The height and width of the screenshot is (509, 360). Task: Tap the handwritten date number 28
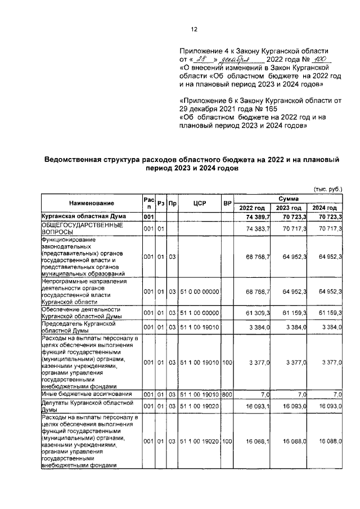pyautogui.click(x=204, y=59)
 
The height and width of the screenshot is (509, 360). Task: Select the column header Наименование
pyautogui.click(x=92, y=202)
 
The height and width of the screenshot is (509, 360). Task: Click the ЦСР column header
pyautogui.click(x=200, y=202)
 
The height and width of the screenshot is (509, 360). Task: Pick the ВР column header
pyautogui.click(x=228, y=202)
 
